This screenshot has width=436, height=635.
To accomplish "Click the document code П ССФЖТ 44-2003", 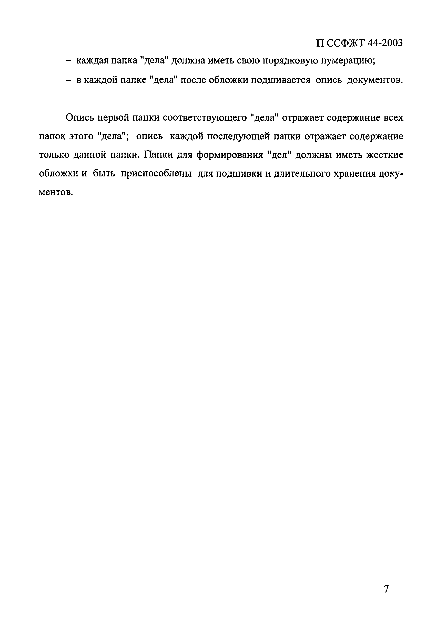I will click(359, 43).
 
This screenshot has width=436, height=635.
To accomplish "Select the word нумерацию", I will click(348, 61).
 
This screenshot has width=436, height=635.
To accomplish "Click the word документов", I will click(375, 80).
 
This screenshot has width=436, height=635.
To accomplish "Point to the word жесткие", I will click(385, 155).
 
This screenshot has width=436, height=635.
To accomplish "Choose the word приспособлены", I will click(156, 174).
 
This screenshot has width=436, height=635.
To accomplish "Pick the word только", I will click(54, 155).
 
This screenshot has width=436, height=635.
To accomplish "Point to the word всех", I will click(393, 118).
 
